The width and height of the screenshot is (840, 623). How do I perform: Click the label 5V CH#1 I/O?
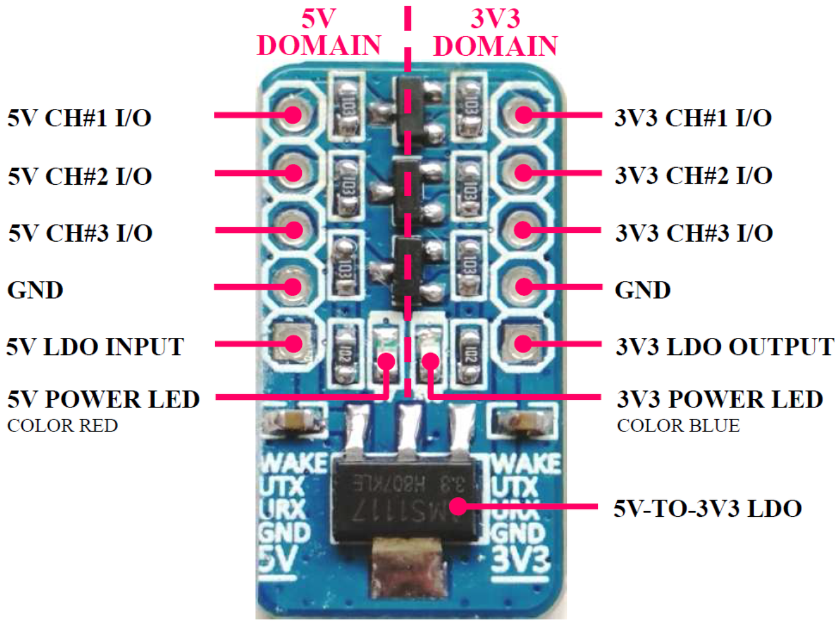coord(79,118)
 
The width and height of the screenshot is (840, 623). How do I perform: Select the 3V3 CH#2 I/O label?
coord(693,175)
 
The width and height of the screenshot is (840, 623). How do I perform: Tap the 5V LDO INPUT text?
coord(95,346)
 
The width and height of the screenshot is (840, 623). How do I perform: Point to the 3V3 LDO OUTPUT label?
coord(724,346)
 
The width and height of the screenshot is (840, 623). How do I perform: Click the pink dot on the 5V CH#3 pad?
coord(294,230)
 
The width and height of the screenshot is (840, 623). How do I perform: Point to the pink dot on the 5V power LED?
coord(386,361)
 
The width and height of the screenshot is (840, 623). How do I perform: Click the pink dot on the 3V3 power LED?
coord(430,361)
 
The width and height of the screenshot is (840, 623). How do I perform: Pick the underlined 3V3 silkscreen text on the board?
coord(521,560)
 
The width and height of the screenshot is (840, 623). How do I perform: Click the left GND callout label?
coord(35,290)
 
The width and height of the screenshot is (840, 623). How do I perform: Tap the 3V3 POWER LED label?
coord(720,399)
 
